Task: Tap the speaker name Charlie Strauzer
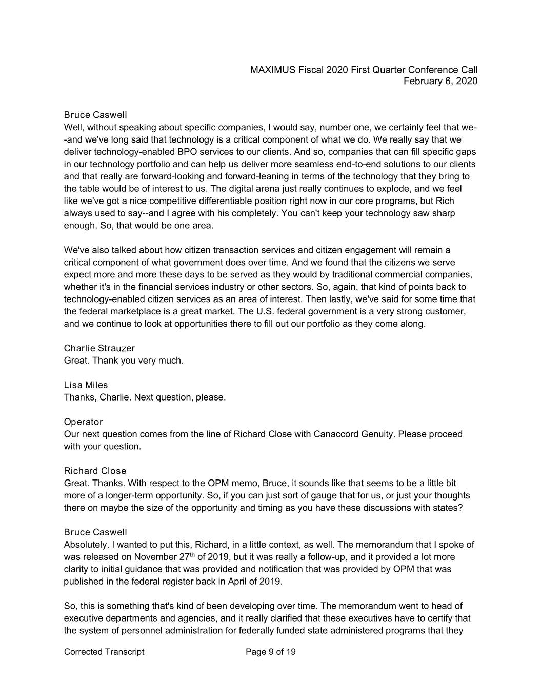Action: click(99, 348)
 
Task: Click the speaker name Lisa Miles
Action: click(86, 385)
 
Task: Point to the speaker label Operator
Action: click(83, 422)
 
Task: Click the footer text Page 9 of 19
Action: click(271, 652)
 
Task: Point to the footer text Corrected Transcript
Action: click(104, 652)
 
